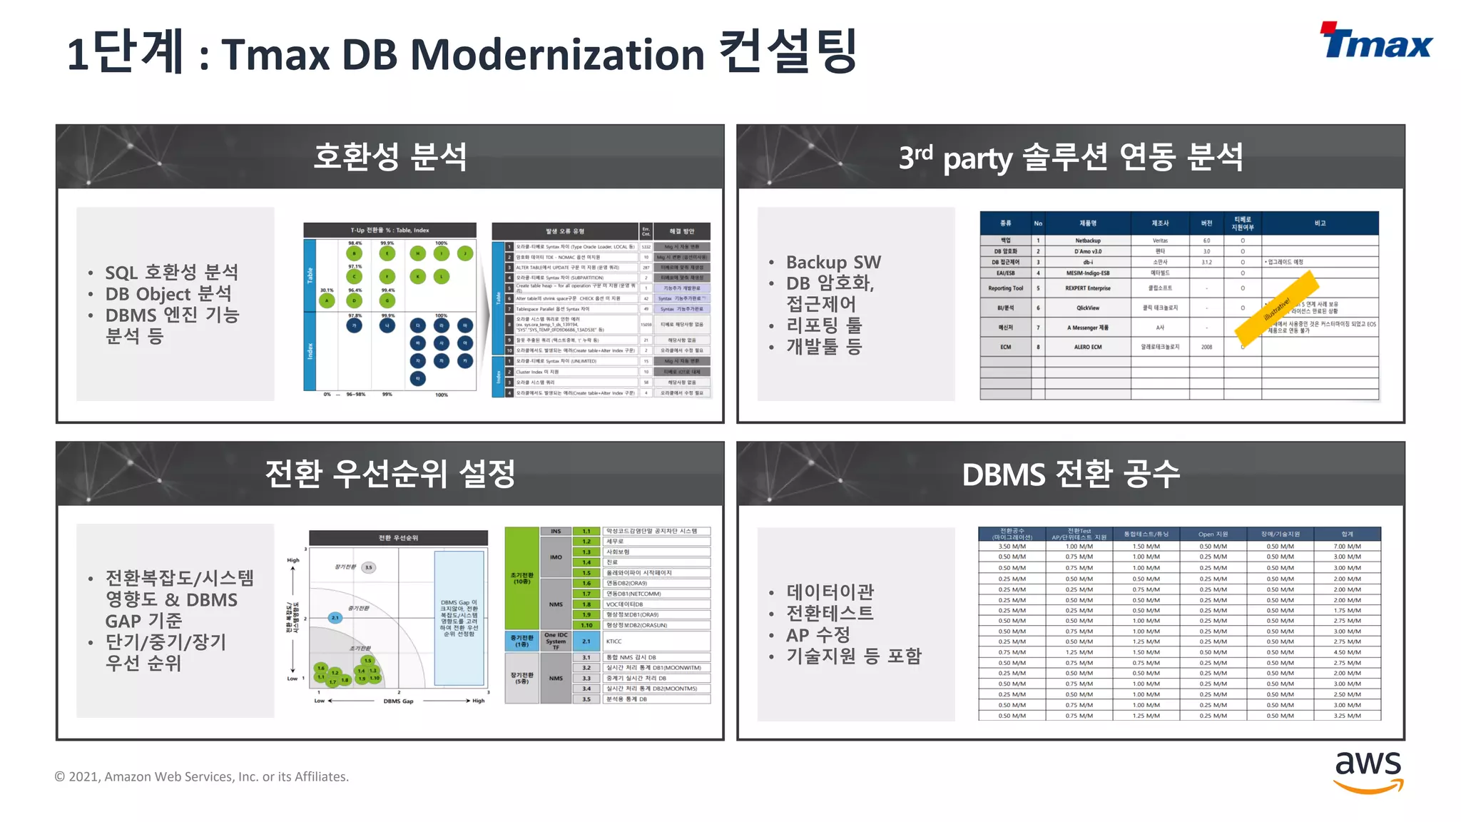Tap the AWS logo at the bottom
pyautogui.click(x=1368, y=771)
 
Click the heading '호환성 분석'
pyautogui.click(x=390, y=157)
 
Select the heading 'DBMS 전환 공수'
pyautogui.click(x=1071, y=475)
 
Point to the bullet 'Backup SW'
pyautogui.click(x=833, y=263)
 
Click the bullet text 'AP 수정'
pyautogui.click(x=818, y=634)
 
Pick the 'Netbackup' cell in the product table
pyautogui.click(x=1088, y=241)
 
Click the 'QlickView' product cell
pyautogui.click(x=1088, y=308)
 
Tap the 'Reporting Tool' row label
pyautogui.click(x=1005, y=288)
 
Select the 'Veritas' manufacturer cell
pyautogui.click(x=1160, y=241)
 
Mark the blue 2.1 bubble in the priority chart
pyautogui.click(x=335, y=618)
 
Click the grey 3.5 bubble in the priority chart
pyautogui.click(x=368, y=568)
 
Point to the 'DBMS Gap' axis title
pyautogui.click(x=398, y=701)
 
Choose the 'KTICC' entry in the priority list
pyautogui.click(x=614, y=641)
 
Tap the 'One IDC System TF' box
pyautogui.click(x=556, y=641)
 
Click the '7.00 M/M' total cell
pyautogui.click(x=1347, y=547)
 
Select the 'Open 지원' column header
pyautogui.click(x=1213, y=534)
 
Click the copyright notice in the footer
pyautogui.click(x=202, y=777)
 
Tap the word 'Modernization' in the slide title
pyautogui.click(x=557, y=55)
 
